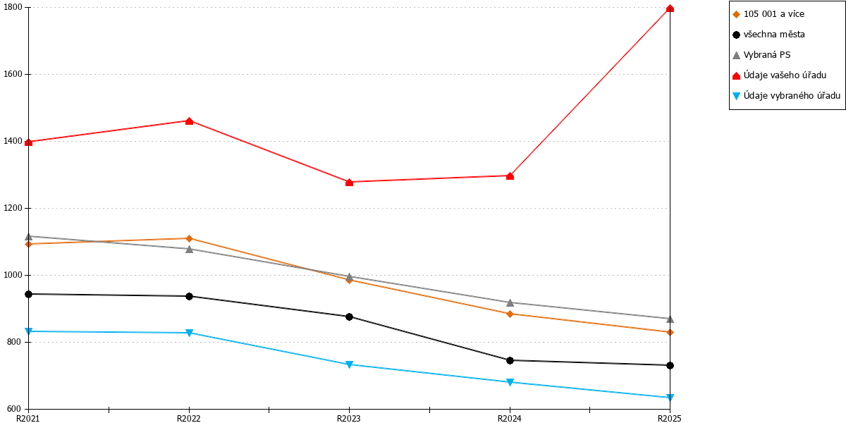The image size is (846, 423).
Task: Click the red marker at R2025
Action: (x=670, y=8)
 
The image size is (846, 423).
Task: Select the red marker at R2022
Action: (x=189, y=121)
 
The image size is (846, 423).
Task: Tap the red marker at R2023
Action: (x=350, y=183)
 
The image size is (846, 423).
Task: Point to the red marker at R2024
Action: (x=510, y=176)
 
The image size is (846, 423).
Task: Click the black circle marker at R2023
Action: (x=350, y=317)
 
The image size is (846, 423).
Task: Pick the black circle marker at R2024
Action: (x=510, y=361)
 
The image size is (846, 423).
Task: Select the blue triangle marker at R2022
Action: (x=189, y=333)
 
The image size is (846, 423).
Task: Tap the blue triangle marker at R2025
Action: (x=670, y=398)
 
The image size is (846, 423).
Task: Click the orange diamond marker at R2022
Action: (x=189, y=238)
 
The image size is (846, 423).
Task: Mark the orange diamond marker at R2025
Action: (x=670, y=332)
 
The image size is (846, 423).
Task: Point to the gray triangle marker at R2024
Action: (x=510, y=303)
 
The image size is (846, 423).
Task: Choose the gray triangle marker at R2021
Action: (x=28, y=237)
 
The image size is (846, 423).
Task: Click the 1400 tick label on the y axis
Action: (x=13, y=141)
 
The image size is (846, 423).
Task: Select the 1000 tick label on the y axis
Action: (x=13, y=276)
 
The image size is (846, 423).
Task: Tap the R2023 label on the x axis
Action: (x=348, y=419)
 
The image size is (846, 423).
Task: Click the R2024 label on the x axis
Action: (x=510, y=419)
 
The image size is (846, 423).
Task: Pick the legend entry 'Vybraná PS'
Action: (x=761, y=55)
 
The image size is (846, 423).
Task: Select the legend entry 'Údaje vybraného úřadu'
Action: (x=786, y=96)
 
